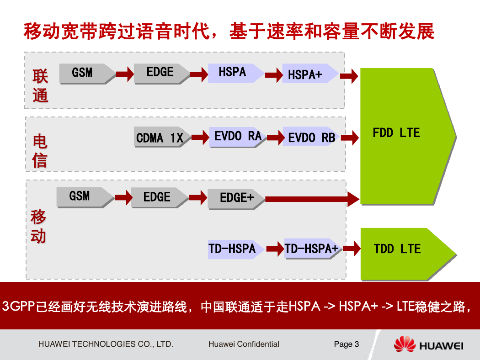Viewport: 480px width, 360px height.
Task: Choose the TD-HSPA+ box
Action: pyautogui.click(x=313, y=249)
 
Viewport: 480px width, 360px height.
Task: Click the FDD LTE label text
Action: pyautogui.click(x=396, y=133)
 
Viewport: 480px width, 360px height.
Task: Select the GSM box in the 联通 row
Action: pyautogui.click(x=87, y=74)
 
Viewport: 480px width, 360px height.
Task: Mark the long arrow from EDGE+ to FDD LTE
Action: pyautogui.click(x=312, y=199)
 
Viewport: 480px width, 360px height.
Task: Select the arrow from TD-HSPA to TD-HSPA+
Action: pyautogui.click(x=275, y=249)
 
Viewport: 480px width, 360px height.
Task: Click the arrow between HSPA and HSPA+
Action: pyautogui.click(x=274, y=75)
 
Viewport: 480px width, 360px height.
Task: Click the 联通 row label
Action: pyautogui.click(x=40, y=85)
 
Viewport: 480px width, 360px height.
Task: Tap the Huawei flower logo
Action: pyautogui.click(x=405, y=344)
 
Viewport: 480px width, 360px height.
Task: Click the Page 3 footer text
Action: pyautogui.click(x=346, y=344)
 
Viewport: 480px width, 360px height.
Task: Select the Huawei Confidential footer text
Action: pyautogui.click(x=244, y=344)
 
